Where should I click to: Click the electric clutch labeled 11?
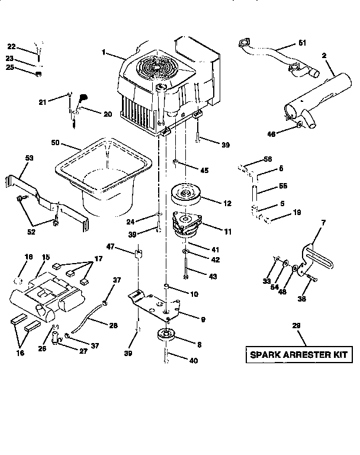[188, 225]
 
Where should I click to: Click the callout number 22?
[11, 46]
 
